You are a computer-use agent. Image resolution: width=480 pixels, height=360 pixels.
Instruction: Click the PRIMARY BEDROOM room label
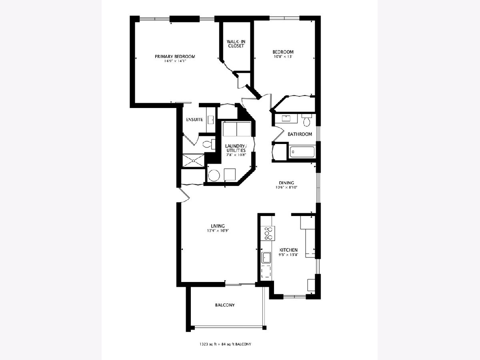click(x=175, y=56)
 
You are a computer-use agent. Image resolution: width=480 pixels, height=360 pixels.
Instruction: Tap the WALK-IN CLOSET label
click(x=236, y=44)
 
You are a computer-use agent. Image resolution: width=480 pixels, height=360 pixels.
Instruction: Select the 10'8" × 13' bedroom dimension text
click(x=283, y=56)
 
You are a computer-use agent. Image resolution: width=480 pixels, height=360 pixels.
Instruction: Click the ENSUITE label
click(x=194, y=120)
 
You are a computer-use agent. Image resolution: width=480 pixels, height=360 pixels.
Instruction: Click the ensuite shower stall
click(x=193, y=161)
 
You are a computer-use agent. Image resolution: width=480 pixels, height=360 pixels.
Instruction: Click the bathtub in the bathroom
click(x=302, y=152)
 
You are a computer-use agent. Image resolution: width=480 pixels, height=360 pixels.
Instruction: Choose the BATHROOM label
click(x=300, y=134)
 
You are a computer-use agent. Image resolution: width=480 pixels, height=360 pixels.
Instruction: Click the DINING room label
click(x=286, y=183)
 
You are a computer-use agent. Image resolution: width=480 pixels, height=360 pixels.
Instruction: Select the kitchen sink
click(x=266, y=258)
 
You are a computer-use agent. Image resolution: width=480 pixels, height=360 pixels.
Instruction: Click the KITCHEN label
click(x=288, y=250)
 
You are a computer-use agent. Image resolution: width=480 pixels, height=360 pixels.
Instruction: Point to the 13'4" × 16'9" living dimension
click(x=218, y=230)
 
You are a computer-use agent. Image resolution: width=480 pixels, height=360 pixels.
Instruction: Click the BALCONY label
click(x=225, y=305)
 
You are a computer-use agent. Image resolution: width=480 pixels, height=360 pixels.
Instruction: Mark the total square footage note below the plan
click(x=225, y=344)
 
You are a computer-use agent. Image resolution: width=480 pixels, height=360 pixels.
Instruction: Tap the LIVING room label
click(x=218, y=226)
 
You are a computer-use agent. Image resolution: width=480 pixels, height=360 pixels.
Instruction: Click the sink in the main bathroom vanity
click(x=286, y=118)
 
